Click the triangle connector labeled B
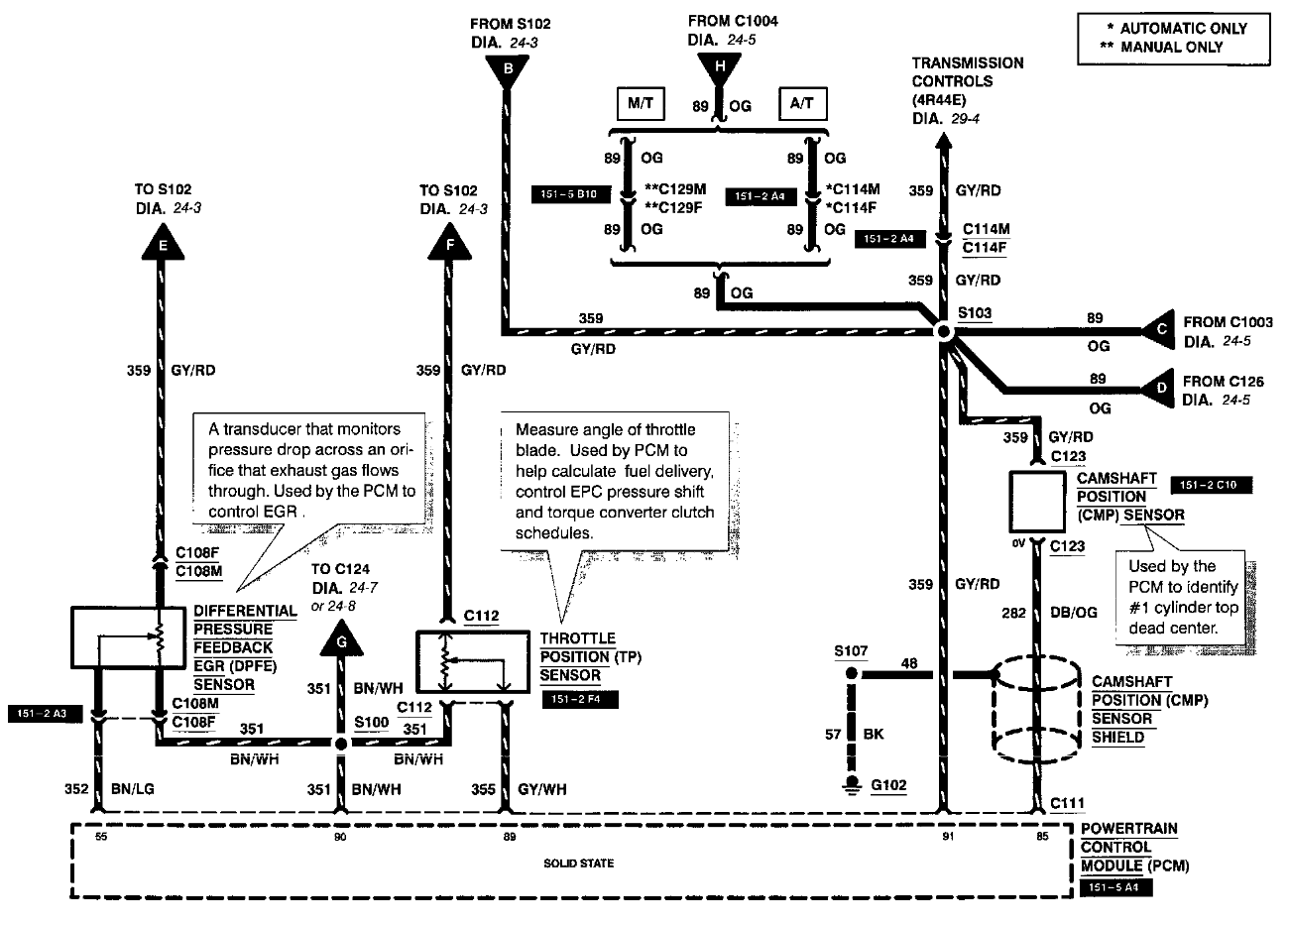(508, 68)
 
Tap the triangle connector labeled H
(720, 66)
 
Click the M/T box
(641, 104)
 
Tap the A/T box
(802, 104)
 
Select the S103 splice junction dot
(943, 334)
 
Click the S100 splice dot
(341, 743)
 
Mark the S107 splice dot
(850, 674)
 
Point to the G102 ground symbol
(850, 786)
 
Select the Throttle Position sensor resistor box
(462, 661)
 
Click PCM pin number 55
(100, 837)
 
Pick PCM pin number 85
(1041, 837)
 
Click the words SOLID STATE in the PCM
(578, 864)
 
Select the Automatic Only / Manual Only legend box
(1174, 38)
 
